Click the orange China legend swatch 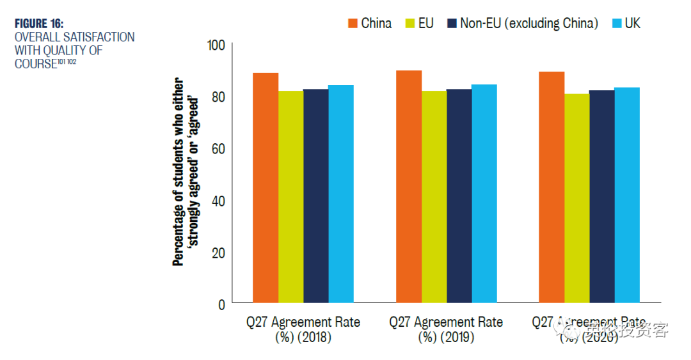tap(353, 24)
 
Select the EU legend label tap(426, 24)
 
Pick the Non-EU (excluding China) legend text tap(529, 24)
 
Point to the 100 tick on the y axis tap(217, 45)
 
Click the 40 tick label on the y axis tap(219, 201)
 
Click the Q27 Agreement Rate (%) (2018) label tap(303, 329)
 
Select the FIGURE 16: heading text tap(39, 24)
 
